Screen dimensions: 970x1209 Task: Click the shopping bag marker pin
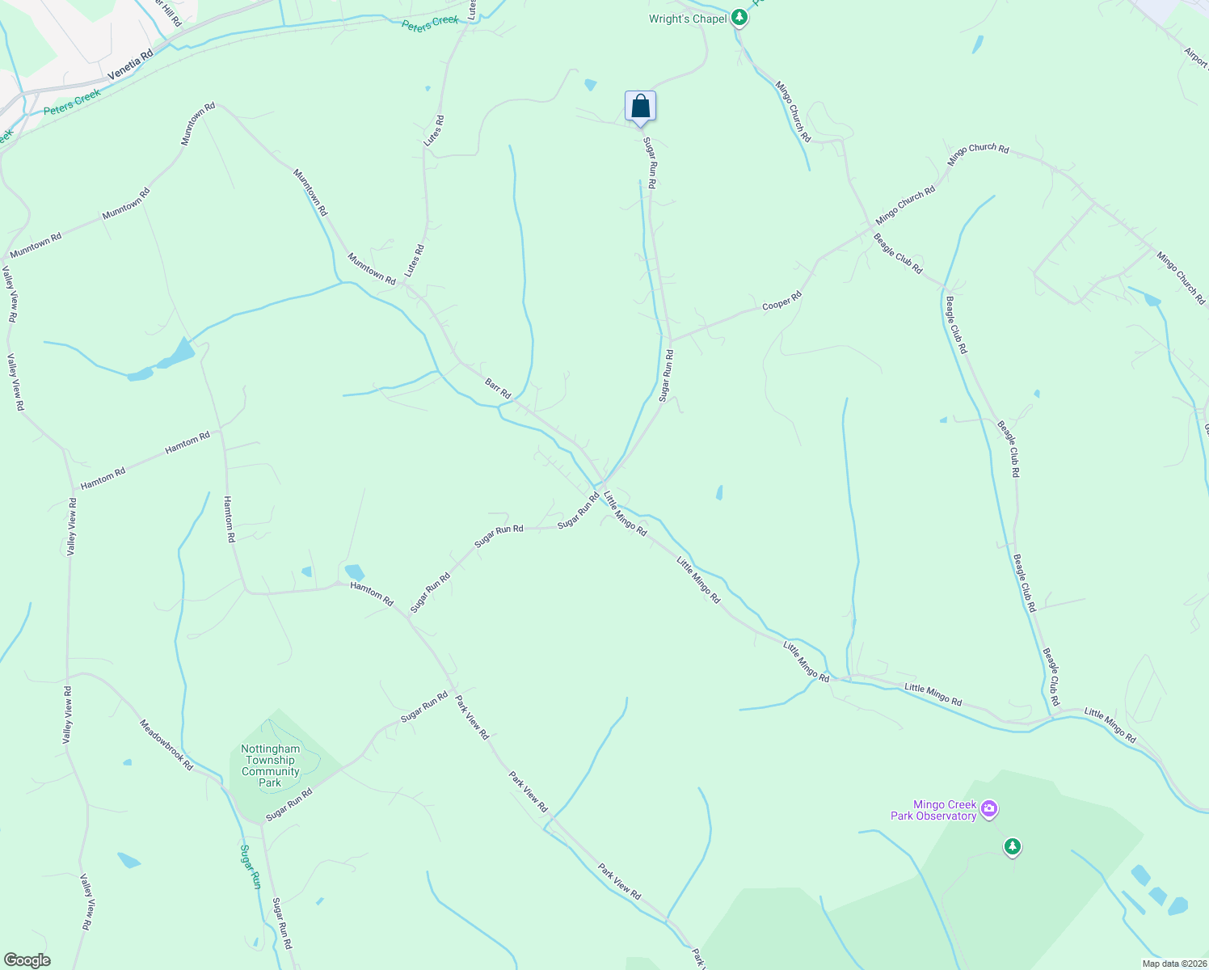[x=640, y=107]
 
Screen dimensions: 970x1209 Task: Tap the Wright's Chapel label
[x=688, y=19]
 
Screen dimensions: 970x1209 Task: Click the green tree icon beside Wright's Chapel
[x=739, y=18]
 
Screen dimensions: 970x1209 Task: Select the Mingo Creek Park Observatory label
[x=933, y=810]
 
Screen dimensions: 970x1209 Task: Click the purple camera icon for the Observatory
[x=989, y=808]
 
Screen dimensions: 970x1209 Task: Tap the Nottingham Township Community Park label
[x=270, y=765]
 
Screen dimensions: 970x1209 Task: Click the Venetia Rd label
[x=130, y=65]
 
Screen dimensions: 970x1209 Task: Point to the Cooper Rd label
[x=781, y=302]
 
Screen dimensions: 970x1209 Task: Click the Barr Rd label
[x=498, y=388]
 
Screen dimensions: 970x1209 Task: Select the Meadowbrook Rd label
[x=166, y=744]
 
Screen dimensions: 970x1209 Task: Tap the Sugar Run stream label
[x=251, y=867]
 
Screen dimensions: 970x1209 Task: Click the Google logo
[x=27, y=960]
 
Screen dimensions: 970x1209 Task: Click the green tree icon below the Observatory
[x=1012, y=846]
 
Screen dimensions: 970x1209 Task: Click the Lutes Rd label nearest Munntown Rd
[x=414, y=261]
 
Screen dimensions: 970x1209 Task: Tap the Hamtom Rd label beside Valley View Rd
[x=103, y=478]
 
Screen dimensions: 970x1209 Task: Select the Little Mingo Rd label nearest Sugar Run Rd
[x=625, y=514]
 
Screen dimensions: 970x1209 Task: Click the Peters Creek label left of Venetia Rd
[x=73, y=102]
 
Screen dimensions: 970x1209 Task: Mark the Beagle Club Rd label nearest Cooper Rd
[x=897, y=254]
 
